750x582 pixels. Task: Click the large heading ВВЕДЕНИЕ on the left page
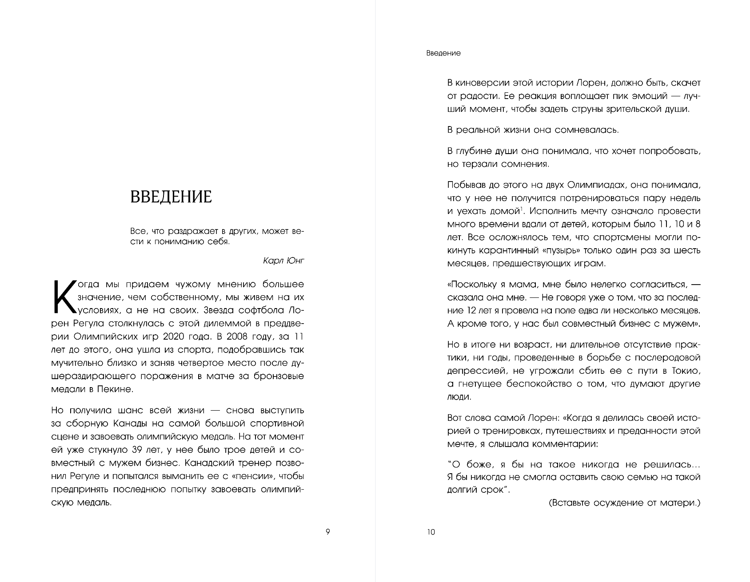coord(171,196)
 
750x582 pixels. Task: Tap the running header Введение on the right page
coord(443,53)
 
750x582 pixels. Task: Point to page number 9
coord(328,532)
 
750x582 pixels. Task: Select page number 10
coord(431,532)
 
